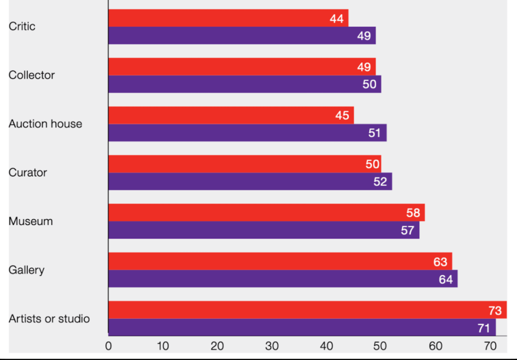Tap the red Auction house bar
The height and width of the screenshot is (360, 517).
pos(231,115)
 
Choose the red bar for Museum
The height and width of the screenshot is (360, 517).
pos(266,212)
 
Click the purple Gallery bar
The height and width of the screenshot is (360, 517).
pos(282,278)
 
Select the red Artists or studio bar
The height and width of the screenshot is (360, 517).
pos(307,310)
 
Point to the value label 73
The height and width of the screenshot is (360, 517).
pos(495,310)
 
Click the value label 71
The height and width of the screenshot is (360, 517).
pos(483,328)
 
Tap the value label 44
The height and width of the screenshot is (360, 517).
pos(336,19)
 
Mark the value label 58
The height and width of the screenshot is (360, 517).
pos(413,213)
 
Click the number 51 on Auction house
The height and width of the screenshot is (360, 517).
pos(374,133)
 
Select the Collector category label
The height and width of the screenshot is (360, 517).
pos(32,75)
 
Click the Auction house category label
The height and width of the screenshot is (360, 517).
pos(45,123)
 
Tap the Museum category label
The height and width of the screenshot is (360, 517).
pos(31,221)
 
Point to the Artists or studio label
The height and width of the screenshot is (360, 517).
pos(49,319)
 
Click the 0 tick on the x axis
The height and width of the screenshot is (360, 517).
pos(108,346)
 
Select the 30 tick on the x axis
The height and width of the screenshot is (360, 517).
pos(272,346)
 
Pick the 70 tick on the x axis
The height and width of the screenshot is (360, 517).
pos(490,346)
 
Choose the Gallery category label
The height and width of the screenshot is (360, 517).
pos(27,270)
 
